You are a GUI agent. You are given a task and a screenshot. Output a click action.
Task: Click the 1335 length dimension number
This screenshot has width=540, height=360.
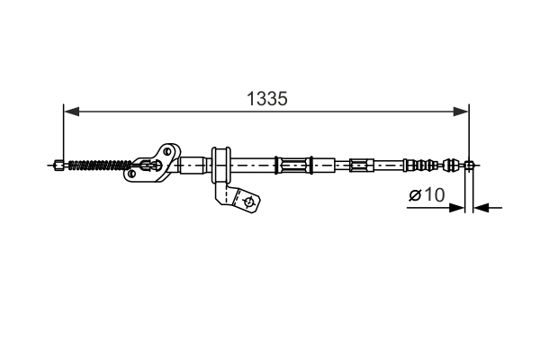click(267, 99)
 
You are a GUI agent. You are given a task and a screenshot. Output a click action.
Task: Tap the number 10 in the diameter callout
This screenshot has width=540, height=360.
click(434, 194)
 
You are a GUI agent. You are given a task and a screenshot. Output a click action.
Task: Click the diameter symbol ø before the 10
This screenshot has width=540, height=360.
click(416, 194)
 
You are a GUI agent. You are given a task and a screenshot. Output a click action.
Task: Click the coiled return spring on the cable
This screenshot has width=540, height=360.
click(100, 165)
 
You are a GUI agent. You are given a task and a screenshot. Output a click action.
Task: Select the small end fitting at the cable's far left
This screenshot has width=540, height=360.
click(59, 165)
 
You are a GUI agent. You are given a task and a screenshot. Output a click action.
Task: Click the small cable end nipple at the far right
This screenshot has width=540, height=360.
click(468, 165)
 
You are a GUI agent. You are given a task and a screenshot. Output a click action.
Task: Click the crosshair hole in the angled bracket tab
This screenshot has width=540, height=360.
click(247, 202)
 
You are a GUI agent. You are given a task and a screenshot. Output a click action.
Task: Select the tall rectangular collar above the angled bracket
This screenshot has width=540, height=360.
click(219, 164)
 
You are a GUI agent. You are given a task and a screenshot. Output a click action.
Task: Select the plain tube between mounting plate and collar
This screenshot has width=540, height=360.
click(193, 165)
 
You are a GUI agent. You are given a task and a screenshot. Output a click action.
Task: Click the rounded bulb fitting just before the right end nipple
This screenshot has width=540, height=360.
click(452, 165)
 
